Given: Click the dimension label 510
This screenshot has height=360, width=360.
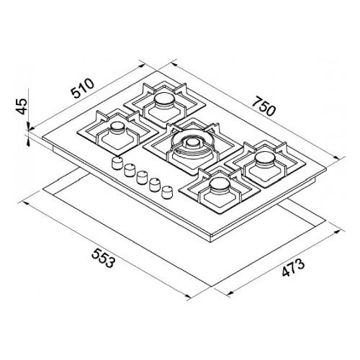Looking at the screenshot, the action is (x=82, y=89).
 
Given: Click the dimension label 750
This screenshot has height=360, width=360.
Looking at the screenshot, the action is (x=264, y=106).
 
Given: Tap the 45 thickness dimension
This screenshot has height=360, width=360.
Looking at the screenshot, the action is (x=22, y=106).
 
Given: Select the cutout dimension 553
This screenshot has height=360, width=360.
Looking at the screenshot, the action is (x=102, y=258).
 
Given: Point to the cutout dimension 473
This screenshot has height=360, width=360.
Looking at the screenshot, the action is (x=293, y=268).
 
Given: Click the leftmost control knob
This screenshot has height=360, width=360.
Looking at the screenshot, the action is (x=117, y=163).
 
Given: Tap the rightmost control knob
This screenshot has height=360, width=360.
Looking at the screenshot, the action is (x=167, y=192).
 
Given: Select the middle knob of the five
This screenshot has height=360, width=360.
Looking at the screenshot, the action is (x=143, y=178).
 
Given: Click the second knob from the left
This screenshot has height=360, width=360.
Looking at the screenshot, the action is (x=130, y=171).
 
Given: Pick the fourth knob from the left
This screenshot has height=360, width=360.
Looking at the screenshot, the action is (x=155, y=185).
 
